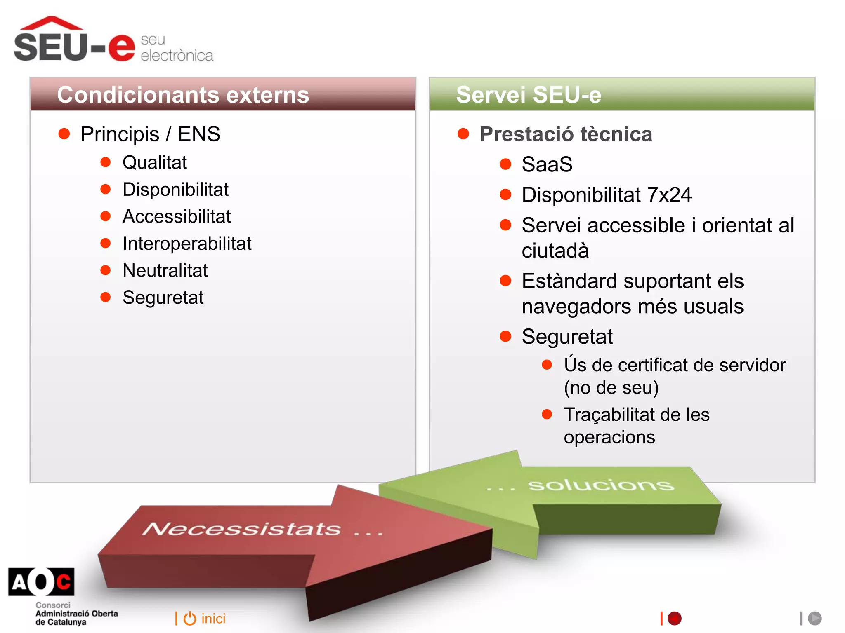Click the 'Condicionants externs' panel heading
tap(183, 95)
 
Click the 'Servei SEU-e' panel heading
tap(529, 95)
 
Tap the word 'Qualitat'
tap(155, 162)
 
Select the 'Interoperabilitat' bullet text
tap(187, 244)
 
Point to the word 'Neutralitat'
tap(165, 271)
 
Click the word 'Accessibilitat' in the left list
tap(177, 217)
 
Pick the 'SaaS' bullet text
tap(547, 164)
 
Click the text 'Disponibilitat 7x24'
tap(607, 195)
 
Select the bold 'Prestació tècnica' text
tap(566, 134)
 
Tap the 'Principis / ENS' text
tap(150, 134)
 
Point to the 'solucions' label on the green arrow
tap(601, 485)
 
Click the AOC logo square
tap(41, 582)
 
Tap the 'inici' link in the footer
tap(213, 619)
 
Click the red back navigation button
tap(675, 618)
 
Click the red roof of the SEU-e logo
tap(51, 23)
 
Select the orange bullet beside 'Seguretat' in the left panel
tap(106, 297)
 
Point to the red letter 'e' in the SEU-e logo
tap(122, 48)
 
